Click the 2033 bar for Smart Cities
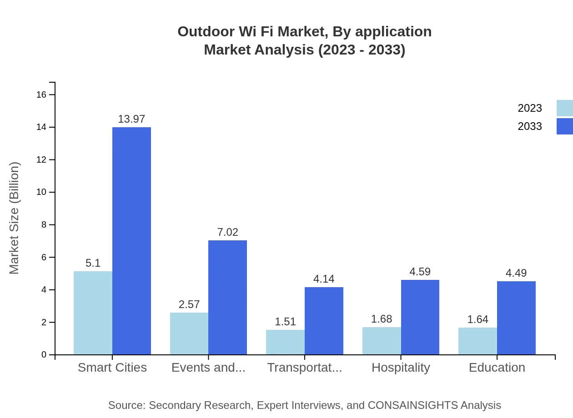pos(131,241)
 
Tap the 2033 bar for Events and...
pos(227,297)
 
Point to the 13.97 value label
pos(131,119)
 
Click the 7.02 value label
pos(227,232)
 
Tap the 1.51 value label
pos(285,322)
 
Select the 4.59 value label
pos(420,272)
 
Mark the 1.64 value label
pos(477,319)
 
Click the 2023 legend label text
pos(530,108)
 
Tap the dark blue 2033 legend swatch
pos(564,126)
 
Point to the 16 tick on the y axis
pos(41,95)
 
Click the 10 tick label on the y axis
pos(41,192)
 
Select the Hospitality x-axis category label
pos(401,368)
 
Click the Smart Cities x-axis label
pos(112,368)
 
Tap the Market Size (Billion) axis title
pos(15,218)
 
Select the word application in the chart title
pos(393,32)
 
